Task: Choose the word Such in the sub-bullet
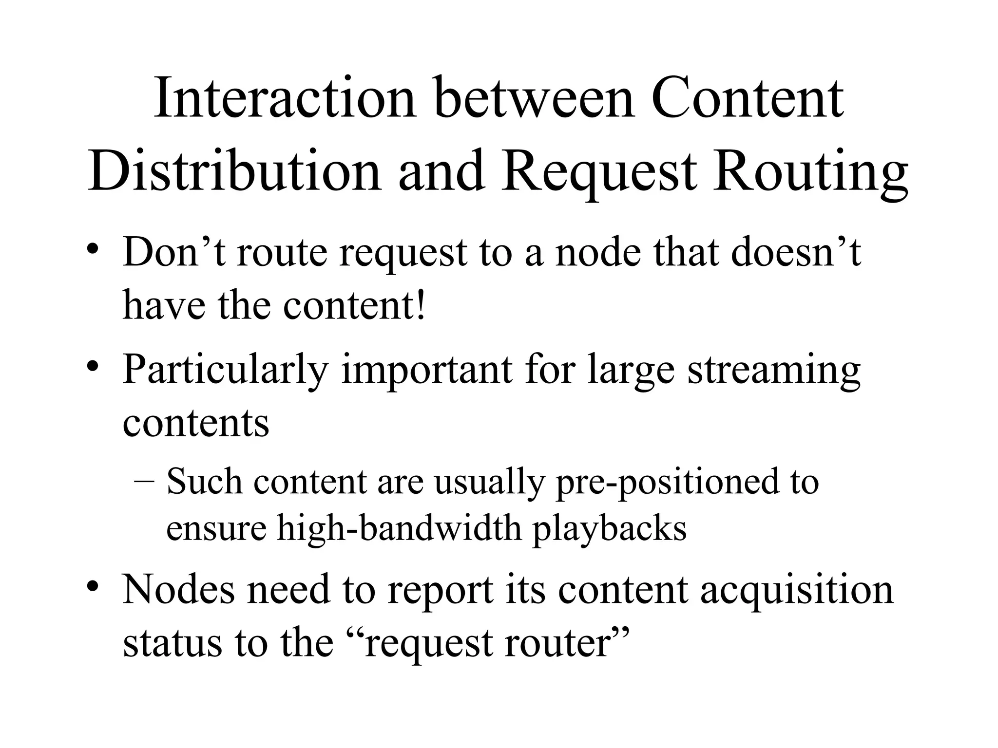[x=204, y=482]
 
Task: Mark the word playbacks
[x=610, y=529]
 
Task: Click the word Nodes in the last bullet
[x=178, y=590]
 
